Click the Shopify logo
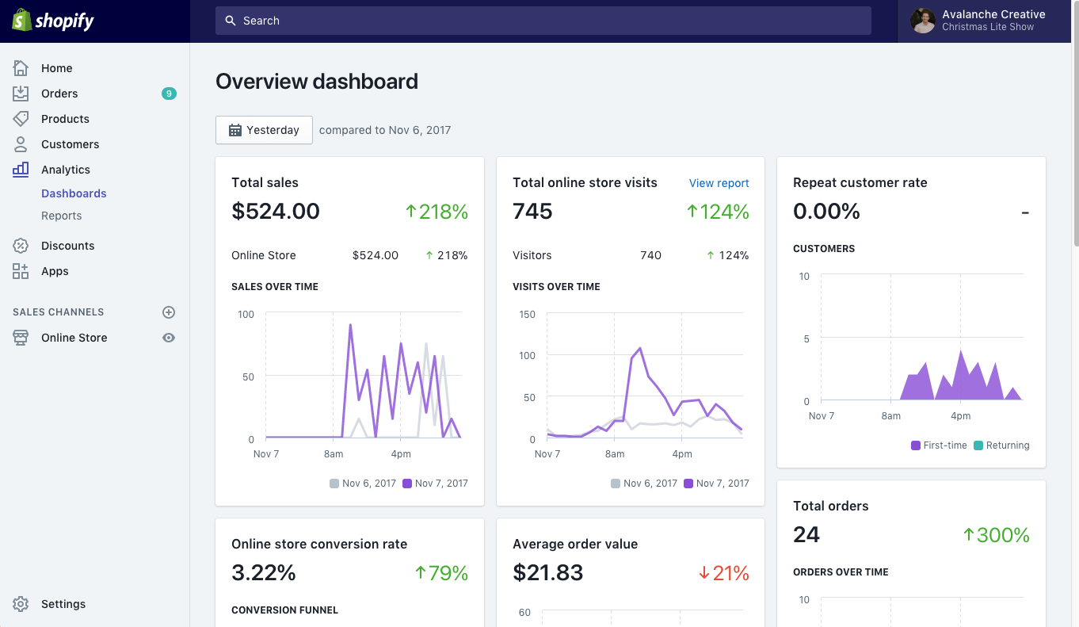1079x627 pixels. point(53,21)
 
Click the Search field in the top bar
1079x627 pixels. point(543,21)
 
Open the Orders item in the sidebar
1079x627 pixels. point(59,94)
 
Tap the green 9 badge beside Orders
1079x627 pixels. point(168,94)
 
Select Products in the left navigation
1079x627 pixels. point(65,119)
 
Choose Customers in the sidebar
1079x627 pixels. point(70,144)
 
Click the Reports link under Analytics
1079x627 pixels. point(61,216)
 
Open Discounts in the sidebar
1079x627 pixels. point(67,246)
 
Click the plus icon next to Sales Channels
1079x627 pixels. point(168,312)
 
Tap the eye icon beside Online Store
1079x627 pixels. point(168,338)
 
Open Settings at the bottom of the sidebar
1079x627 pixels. point(63,604)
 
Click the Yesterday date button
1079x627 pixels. point(264,130)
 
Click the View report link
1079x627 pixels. point(719,183)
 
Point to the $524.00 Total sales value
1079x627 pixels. point(276,212)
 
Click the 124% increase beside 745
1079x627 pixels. point(718,212)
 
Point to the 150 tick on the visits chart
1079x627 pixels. point(526,315)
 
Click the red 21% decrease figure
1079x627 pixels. point(724,573)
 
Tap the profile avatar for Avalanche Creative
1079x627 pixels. point(922,21)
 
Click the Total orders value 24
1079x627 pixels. point(806,535)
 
